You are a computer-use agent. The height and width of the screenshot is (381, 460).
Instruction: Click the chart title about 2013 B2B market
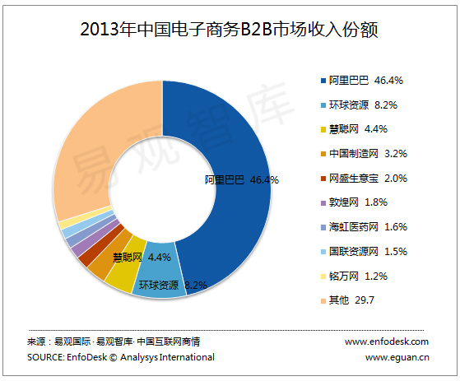[230, 30]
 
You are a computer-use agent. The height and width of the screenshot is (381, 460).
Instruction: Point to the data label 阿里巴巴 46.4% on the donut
[241, 179]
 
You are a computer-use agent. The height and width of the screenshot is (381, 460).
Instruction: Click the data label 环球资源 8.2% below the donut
[171, 286]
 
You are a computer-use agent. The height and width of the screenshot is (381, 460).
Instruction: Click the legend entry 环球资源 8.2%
[366, 105]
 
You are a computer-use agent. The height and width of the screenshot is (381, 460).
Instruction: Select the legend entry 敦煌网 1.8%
[364, 202]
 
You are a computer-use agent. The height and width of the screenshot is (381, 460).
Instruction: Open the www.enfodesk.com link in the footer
[387, 342]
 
